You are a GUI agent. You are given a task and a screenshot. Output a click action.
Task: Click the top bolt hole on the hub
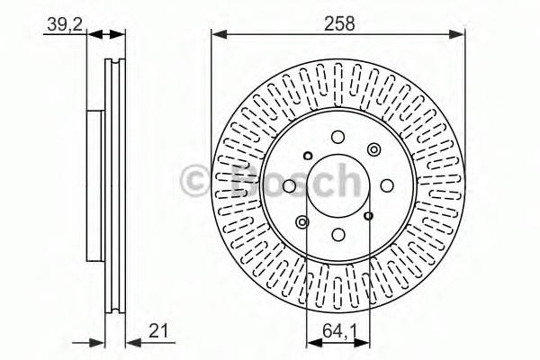tap(338, 137)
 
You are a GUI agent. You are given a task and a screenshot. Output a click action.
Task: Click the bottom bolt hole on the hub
tap(338, 235)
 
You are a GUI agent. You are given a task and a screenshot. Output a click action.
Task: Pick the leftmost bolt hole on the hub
tap(289, 186)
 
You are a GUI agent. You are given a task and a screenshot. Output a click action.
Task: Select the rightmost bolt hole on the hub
tap(387, 186)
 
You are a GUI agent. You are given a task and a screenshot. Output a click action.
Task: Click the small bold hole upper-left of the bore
tap(308, 157)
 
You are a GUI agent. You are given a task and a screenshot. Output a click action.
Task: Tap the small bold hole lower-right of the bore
tap(369, 216)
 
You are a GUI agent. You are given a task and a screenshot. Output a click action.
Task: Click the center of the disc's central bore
tap(338, 186)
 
